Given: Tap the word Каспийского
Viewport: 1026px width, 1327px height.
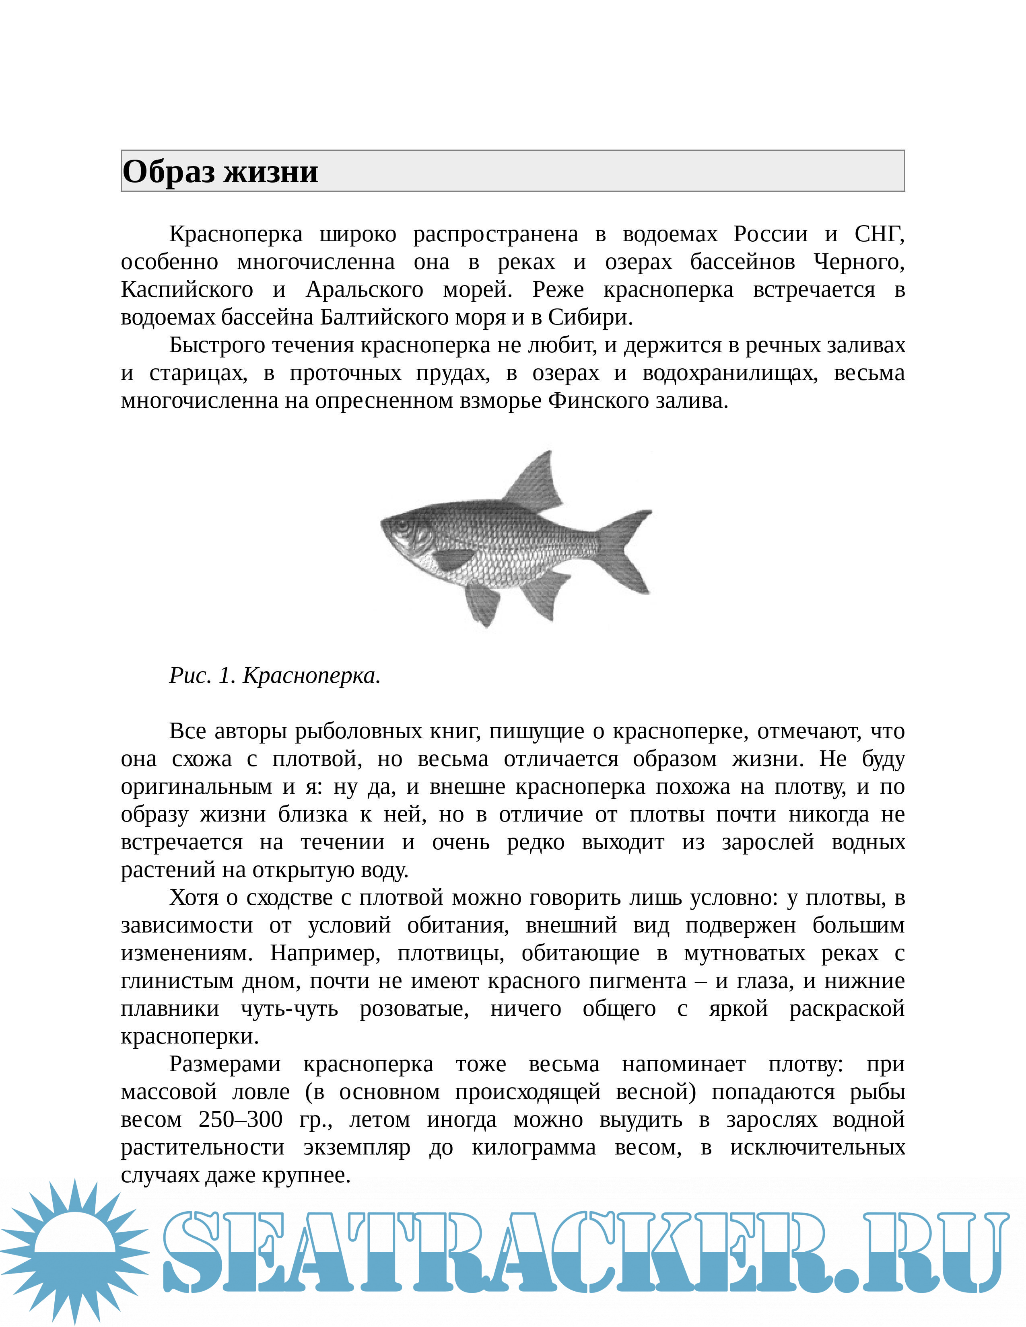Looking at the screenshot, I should pyautogui.click(x=187, y=290).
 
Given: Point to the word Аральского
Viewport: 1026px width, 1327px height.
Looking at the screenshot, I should pyautogui.click(x=365, y=290).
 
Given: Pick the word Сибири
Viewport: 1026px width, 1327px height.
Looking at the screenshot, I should pyautogui.click(x=589, y=318).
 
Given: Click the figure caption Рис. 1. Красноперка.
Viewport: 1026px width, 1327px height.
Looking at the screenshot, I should pyautogui.click(x=275, y=676).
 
